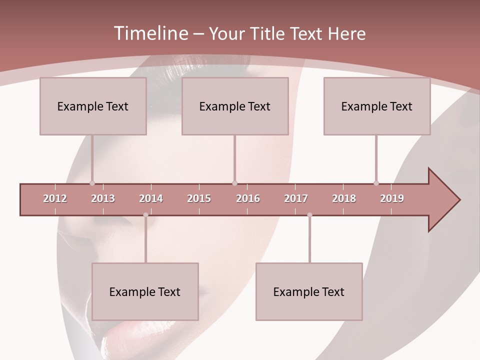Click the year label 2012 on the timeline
pos(55,198)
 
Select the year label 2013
pos(103,198)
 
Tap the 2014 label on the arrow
pos(151,198)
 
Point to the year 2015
pos(199,198)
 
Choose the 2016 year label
pos(248,198)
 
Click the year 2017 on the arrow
pos(296,198)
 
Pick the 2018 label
pos(344,198)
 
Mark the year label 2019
pos(392,198)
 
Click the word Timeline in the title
pos(150,33)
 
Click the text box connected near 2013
pos(93,106)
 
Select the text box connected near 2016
pos(235,106)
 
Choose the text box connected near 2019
pos(377,106)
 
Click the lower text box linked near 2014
pos(145,291)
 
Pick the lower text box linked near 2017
pos(309,291)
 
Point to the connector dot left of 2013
pos(92,183)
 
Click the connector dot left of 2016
pos(235,183)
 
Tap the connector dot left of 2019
pos(376,183)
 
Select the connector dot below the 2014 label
pos(145,215)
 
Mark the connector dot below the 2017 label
pos(309,215)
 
